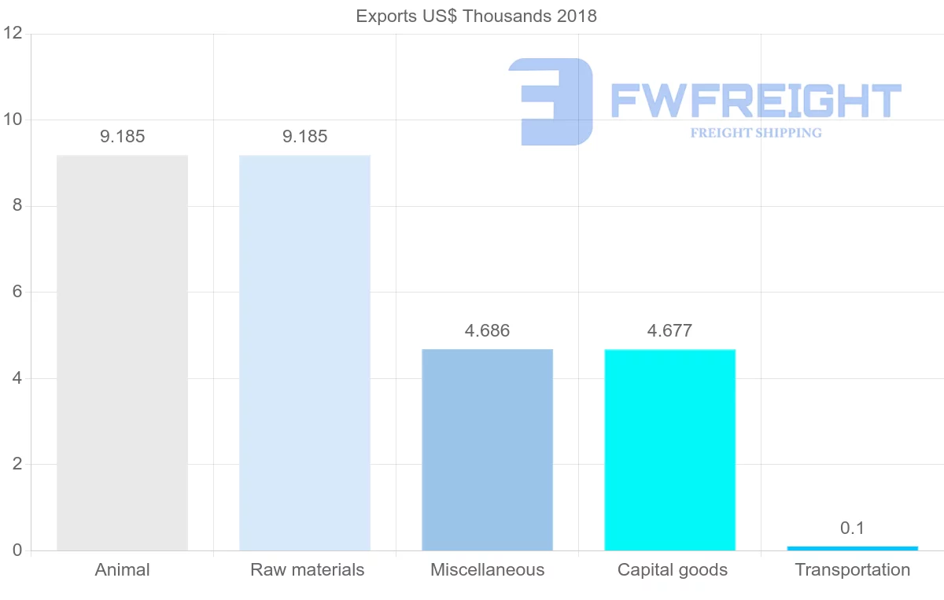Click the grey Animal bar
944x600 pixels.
pos(122,353)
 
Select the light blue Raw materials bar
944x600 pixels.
pos(304,353)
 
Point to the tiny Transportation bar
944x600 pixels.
pos(852,548)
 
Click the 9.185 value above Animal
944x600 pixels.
pos(122,137)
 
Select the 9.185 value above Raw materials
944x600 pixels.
pos(304,137)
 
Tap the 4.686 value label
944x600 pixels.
pos(487,331)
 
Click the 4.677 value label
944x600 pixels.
pos(669,331)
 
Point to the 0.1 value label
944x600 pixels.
pos(852,528)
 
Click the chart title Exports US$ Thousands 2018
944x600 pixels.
pos(476,17)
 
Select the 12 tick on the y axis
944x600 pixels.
pos(12,34)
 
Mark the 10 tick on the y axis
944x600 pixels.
pos(12,120)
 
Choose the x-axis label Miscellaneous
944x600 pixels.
pos(487,570)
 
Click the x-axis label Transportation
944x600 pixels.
pos(852,570)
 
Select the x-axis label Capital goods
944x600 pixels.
pos(672,570)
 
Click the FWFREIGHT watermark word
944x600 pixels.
pos(755,101)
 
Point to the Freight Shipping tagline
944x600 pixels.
pos(755,133)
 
